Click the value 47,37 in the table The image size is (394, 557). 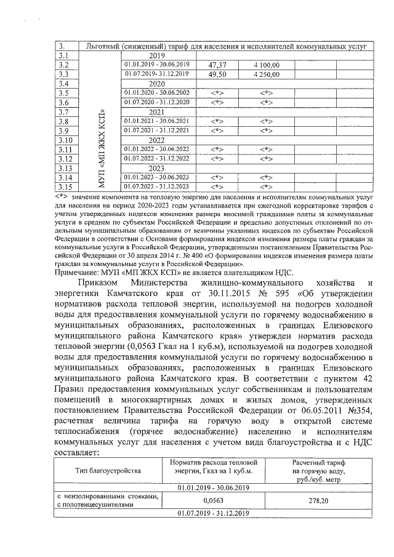[219, 65]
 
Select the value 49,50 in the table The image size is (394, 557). [219, 74]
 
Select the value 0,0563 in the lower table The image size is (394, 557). [212, 502]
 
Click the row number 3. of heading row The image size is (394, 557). [62, 46]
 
